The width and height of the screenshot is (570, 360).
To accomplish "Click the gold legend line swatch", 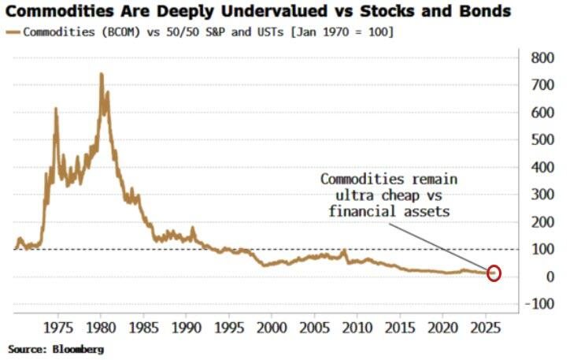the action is tap(13, 32).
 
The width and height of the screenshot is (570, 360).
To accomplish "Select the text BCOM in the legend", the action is tap(120, 32).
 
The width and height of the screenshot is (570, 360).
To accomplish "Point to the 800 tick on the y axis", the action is tap(542, 58).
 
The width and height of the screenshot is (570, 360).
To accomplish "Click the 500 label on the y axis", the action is tap(542, 139).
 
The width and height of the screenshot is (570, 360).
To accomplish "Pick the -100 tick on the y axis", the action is tap(540, 303).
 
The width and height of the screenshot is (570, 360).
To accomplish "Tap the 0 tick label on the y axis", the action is tap(550, 276).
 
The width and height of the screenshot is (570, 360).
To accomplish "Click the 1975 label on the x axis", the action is tap(57, 328).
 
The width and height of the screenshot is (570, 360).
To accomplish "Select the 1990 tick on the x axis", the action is tap(186, 328).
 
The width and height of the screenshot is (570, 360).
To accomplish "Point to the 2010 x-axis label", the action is tap(357, 328).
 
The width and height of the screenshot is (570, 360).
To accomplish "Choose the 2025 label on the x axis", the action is tap(485, 328).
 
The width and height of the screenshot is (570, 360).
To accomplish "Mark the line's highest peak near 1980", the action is tap(101, 74).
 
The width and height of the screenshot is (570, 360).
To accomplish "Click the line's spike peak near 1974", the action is tap(56, 109).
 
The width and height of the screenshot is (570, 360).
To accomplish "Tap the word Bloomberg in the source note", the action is tap(78, 350).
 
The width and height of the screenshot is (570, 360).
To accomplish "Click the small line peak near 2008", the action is tap(343, 251).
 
